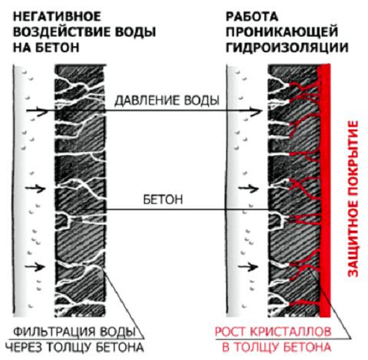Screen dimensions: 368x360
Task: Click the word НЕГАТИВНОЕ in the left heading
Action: [57, 17]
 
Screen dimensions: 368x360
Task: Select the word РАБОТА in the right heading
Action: [252, 17]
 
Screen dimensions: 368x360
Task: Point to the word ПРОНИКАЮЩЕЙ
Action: [282, 32]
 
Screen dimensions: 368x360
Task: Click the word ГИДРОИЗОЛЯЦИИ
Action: [287, 48]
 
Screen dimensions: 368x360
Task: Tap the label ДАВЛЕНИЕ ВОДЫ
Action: [167, 100]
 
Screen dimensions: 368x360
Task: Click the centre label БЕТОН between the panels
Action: [163, 199]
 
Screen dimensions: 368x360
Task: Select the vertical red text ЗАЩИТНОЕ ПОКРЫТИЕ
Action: [353, 199]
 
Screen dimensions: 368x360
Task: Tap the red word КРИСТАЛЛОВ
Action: [290, 332]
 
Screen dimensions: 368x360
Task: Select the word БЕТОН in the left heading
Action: [58, 48]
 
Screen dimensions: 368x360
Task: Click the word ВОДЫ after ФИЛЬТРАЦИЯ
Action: [118, 332]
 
